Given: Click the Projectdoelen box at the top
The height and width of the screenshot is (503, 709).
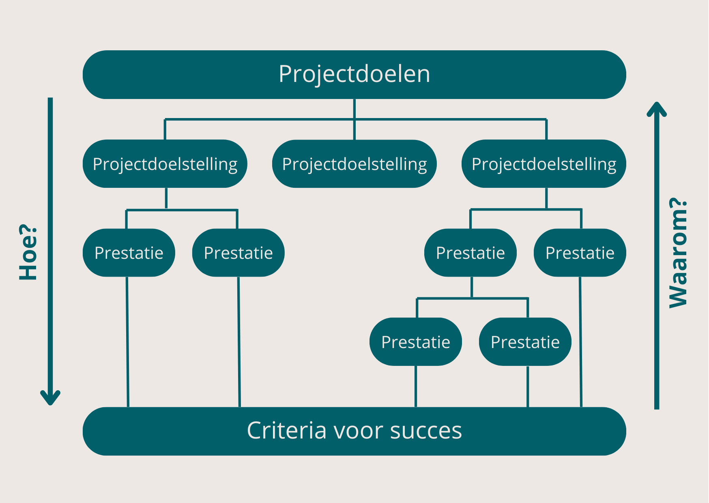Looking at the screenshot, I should point(354,74).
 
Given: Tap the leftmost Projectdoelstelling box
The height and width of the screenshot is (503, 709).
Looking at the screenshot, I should point(165,164).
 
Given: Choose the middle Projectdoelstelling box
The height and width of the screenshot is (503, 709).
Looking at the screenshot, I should point(354,164).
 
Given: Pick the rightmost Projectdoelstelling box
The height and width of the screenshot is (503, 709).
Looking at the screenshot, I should point(544,164).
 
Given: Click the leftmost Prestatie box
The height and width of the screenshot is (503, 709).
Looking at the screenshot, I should point(129,253).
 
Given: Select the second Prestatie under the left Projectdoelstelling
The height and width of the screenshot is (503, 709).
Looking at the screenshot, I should point(238,253).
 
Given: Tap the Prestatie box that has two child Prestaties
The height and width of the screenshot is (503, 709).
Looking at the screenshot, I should point(470,253).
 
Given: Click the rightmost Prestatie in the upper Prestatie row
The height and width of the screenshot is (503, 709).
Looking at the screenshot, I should point(580,253).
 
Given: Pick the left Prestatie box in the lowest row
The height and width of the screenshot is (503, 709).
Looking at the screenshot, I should point(415,342).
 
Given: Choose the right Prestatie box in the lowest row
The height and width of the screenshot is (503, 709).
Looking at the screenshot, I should point(525,342).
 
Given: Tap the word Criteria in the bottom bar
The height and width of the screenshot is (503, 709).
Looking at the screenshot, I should point(286,430).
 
